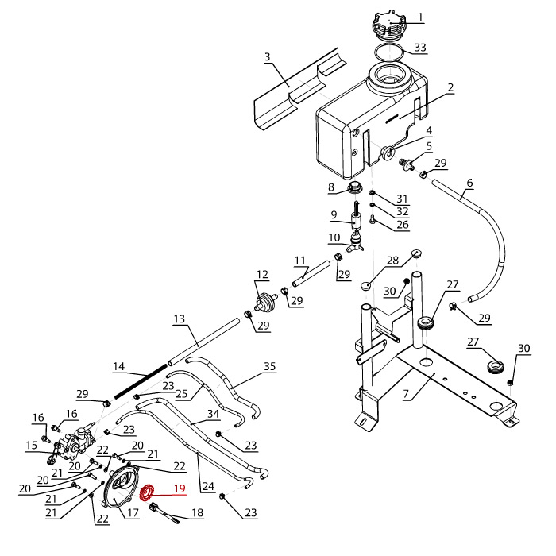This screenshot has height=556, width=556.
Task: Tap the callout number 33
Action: (420, 48)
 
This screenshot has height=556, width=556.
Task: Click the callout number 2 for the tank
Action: (450, 88)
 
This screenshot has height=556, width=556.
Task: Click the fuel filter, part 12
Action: (264, 302)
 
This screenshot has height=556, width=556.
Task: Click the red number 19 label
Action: (180, 488)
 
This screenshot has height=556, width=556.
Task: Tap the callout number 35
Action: (270, 367)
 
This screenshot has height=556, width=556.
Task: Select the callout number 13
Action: (179, 319)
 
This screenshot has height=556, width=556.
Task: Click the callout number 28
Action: (392, 261)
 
